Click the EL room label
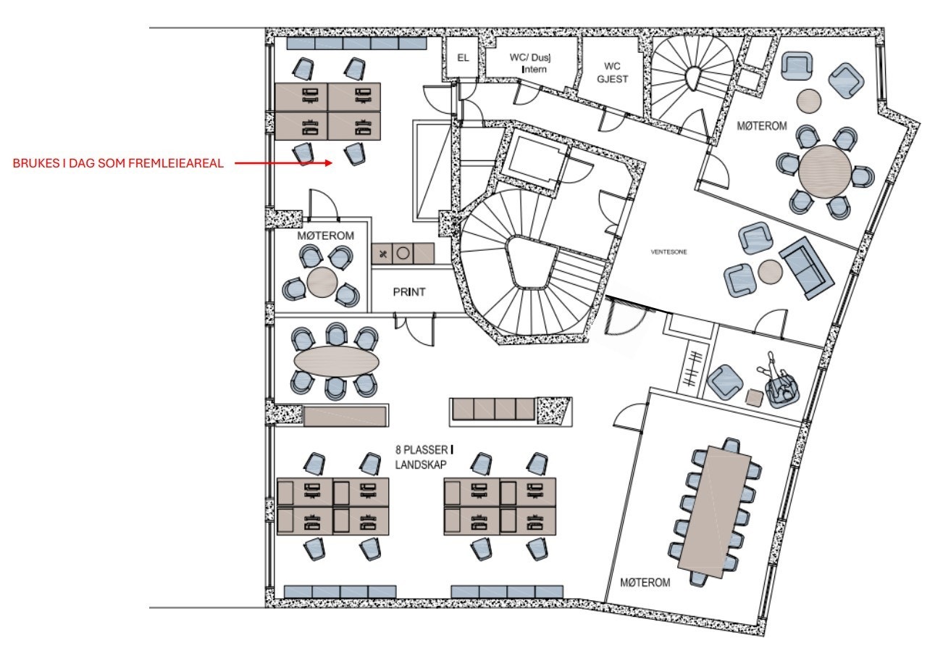(463, 58)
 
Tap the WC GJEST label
(612, 72)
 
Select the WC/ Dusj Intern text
(530, 63)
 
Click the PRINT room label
(408, 291)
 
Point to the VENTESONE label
(669, 252)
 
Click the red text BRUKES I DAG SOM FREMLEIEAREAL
(118, 164)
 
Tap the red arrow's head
(329, 163)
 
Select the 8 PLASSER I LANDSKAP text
(424, 457)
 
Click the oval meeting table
(336, 361)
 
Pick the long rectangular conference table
(714, 512)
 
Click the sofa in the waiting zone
(806, 268)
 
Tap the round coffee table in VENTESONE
(770, 271)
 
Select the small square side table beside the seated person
(755, 398)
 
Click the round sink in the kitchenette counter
(403, 254)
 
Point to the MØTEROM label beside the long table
(645, 582)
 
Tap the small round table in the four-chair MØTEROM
(322, 281)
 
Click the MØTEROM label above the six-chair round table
(761, 125)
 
